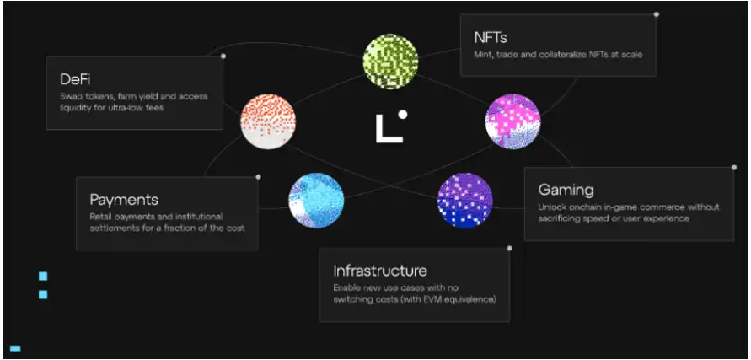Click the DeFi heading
click(75, 79)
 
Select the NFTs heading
click(490, 37)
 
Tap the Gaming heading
click(566, 190)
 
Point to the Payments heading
click(124, 200)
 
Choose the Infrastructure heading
click(380, 271)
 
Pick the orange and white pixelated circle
click(267, 121)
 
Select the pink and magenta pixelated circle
click(512, 121)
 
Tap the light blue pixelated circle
click(316, 201)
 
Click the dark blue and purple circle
click(464, 200)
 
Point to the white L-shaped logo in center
click(387, 129)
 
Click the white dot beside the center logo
click(403, 114)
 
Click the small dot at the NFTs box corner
click(657, 14)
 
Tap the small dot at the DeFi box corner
click(223, 56)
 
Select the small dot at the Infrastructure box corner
click(509, 249)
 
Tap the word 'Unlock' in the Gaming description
click(554, 207)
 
